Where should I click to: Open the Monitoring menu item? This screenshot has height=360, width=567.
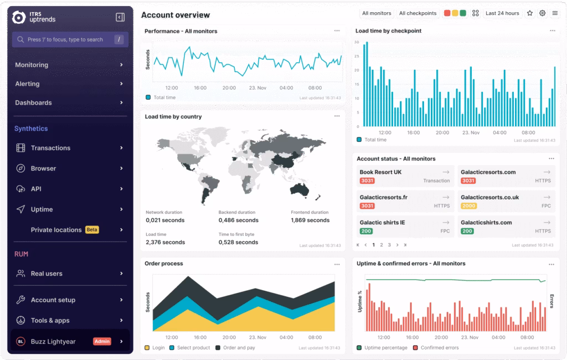(32, 65)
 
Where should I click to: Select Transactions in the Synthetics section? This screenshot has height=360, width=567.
(50, 148)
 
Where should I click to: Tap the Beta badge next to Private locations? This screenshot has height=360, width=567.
(92, 230)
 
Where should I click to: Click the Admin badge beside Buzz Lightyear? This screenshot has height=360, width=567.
(102, 342)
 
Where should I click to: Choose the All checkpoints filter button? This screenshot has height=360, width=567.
(417, 13)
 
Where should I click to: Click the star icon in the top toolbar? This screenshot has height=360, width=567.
(530, 13)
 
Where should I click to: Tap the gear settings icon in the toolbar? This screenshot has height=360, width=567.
(543, 13)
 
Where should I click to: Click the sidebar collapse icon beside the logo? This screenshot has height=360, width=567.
(120, 17)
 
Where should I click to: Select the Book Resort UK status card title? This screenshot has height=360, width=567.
(380, 172)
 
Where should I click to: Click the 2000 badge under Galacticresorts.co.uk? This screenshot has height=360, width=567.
(468, 206)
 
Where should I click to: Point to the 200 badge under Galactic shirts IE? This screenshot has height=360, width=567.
(366, 231)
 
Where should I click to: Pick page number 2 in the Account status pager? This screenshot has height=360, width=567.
(382, 245)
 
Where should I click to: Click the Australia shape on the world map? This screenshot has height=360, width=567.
(299, 189)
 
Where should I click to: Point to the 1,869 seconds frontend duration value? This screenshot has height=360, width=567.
(310, 220)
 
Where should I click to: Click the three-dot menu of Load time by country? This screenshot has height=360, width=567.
(337, 116)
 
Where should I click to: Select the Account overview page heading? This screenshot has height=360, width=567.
(176, 15)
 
